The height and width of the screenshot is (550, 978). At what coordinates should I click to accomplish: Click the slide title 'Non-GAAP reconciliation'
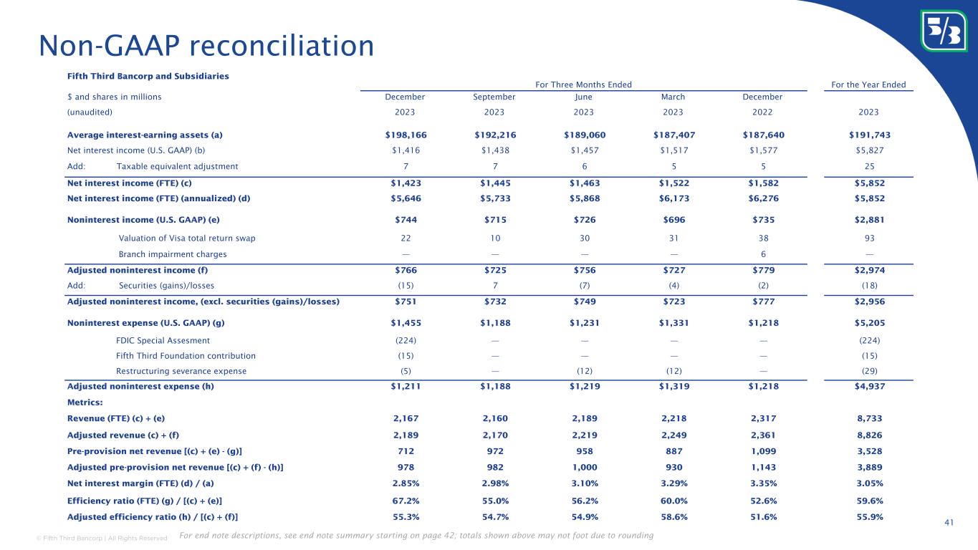coord(206,47)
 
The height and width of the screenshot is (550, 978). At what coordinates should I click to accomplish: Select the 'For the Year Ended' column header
coord(868,85)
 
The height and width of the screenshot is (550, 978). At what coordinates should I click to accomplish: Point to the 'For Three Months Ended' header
coord(583,85)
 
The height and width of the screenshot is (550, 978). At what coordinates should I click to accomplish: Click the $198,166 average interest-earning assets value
coord(406,135)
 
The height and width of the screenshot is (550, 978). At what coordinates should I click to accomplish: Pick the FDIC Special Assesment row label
coord(163,340)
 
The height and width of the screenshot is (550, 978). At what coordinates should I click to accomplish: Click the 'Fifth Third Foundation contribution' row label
coord(186,356)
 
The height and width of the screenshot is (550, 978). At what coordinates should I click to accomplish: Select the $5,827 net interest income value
coord(868,150)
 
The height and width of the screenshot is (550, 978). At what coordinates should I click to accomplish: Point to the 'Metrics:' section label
coord(85,402)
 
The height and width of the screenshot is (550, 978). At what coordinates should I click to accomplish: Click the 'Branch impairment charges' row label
coord(173,254)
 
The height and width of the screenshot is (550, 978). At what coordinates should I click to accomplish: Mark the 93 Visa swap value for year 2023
coord(868,238)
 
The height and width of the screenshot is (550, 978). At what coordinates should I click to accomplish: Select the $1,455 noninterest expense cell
coord(406,323)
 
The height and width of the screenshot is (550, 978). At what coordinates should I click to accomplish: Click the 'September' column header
coord(494,97)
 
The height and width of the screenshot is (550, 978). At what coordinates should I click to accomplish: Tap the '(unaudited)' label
coord(90,112)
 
